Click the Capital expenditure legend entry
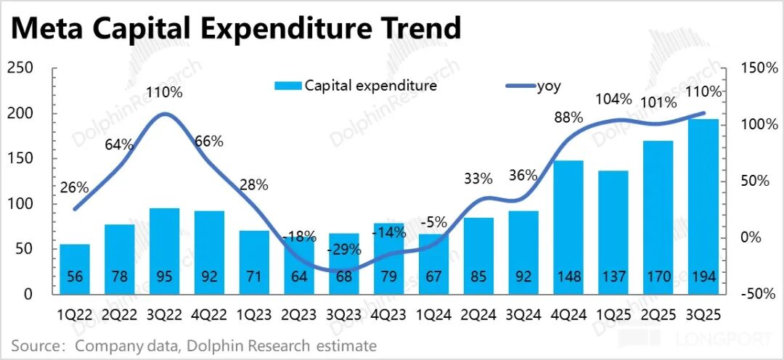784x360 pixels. [356, 86]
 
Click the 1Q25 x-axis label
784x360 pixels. [613, 316]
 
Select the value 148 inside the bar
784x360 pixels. [568, 278]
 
